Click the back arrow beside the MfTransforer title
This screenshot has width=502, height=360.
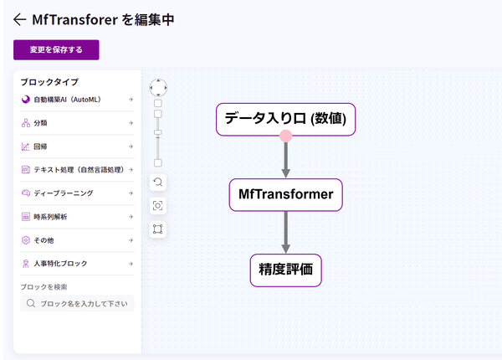pyautogui.click(x=20, y=19)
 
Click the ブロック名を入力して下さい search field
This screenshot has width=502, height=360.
pyautogui.click(x=82, y=304)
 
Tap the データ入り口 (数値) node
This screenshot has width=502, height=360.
pyautogui.click(x=286, y=118)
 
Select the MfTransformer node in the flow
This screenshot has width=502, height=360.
pyautogui.click(x=286, y=194)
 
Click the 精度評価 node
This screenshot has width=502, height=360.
pyautogui.click(x=286, y=270)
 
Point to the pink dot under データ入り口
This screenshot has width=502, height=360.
pyautogui.click(x=286, y=136)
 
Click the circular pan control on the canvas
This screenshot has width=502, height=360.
pyautogui.click(x=158, y=87)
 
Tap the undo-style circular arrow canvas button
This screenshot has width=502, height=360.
pyautogui.click(x=158, y=182)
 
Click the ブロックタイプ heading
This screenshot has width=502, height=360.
pyautogui.click(x=49, y=82)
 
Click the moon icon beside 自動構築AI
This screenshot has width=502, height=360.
pyautogui.click(x=26, y=100)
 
